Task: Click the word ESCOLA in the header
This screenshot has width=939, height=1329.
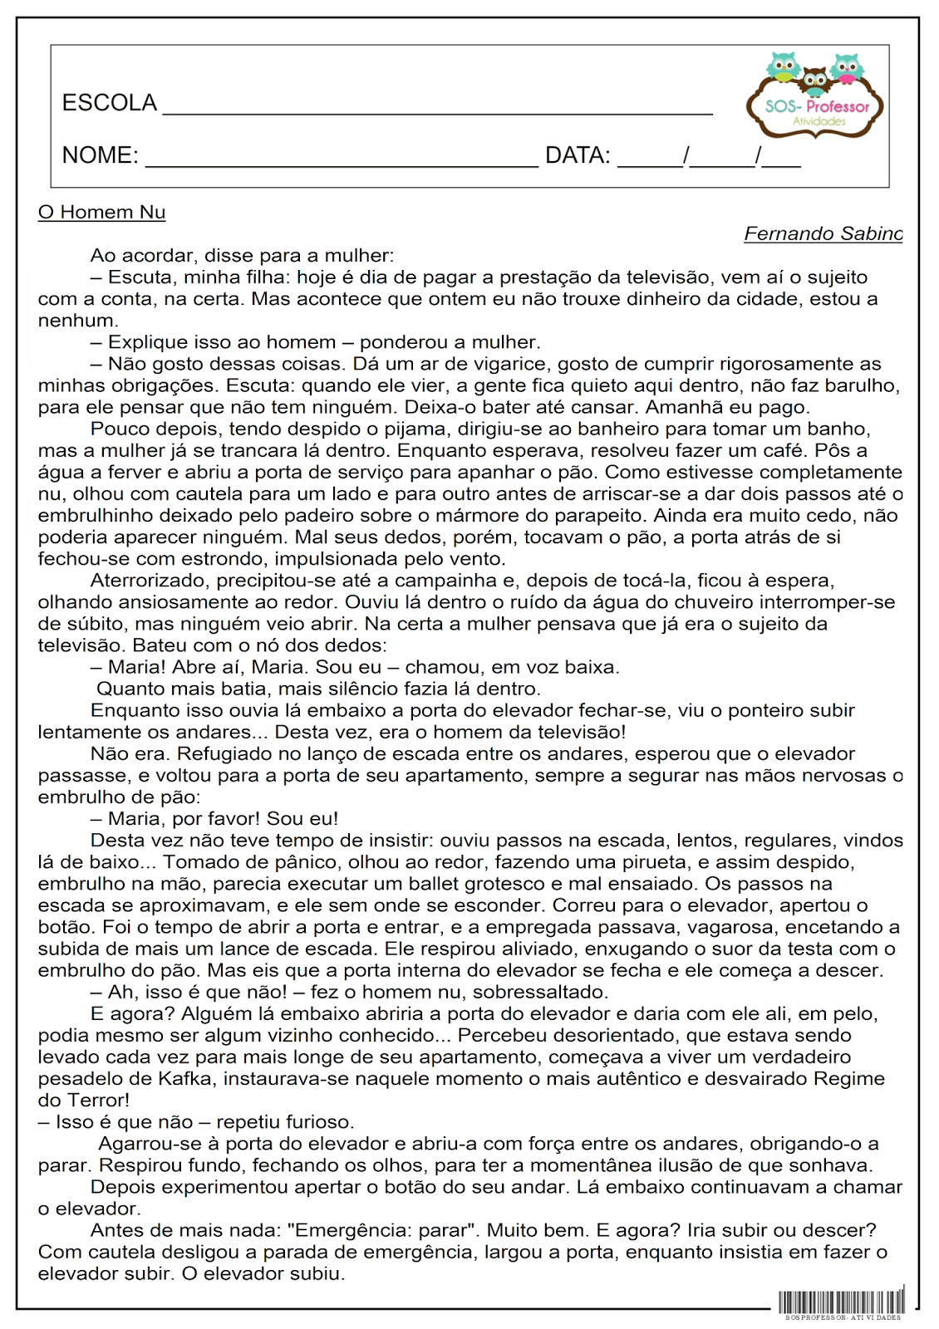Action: (x=110, y=103)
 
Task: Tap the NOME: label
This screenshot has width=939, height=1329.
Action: (x=100, y=155)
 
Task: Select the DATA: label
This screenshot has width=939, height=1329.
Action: (x=578, y=155)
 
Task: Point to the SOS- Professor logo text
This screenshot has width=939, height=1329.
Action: (x=817, y=106)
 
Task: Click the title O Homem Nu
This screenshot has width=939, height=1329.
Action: (x=101, y=213)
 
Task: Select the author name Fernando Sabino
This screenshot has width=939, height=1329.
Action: (x=823, y=234)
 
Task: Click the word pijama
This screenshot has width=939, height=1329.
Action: (x=386, y=429)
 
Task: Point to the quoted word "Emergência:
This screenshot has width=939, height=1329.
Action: (x=353, y=1229)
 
